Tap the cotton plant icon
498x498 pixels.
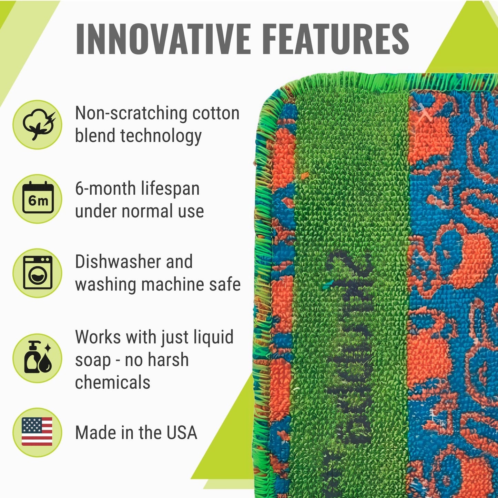tap(37, 125)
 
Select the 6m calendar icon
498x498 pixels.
tap(37, 199)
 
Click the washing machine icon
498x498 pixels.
tap(37, 273)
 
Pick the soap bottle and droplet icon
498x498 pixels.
tap(37, 358)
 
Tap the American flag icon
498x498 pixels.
tap(37, 432)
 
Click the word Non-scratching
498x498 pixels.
tap(131, 113)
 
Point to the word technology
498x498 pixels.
tap(161, 136)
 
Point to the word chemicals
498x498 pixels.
tap(113, 382)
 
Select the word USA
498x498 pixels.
tap(182, 433)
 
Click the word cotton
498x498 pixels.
tap(216, 113)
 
